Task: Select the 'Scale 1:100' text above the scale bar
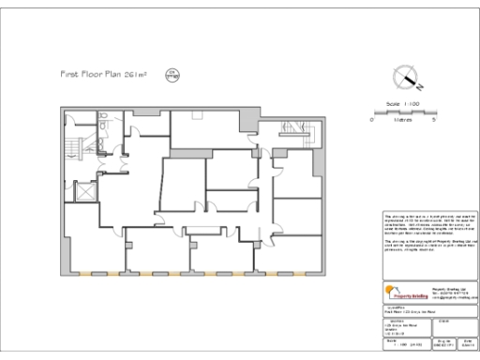point(403,104)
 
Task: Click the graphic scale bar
point(403,112)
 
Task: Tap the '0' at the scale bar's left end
point(372,120)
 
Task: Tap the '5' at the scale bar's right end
point(434,120)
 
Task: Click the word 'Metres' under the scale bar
point(403,120)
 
